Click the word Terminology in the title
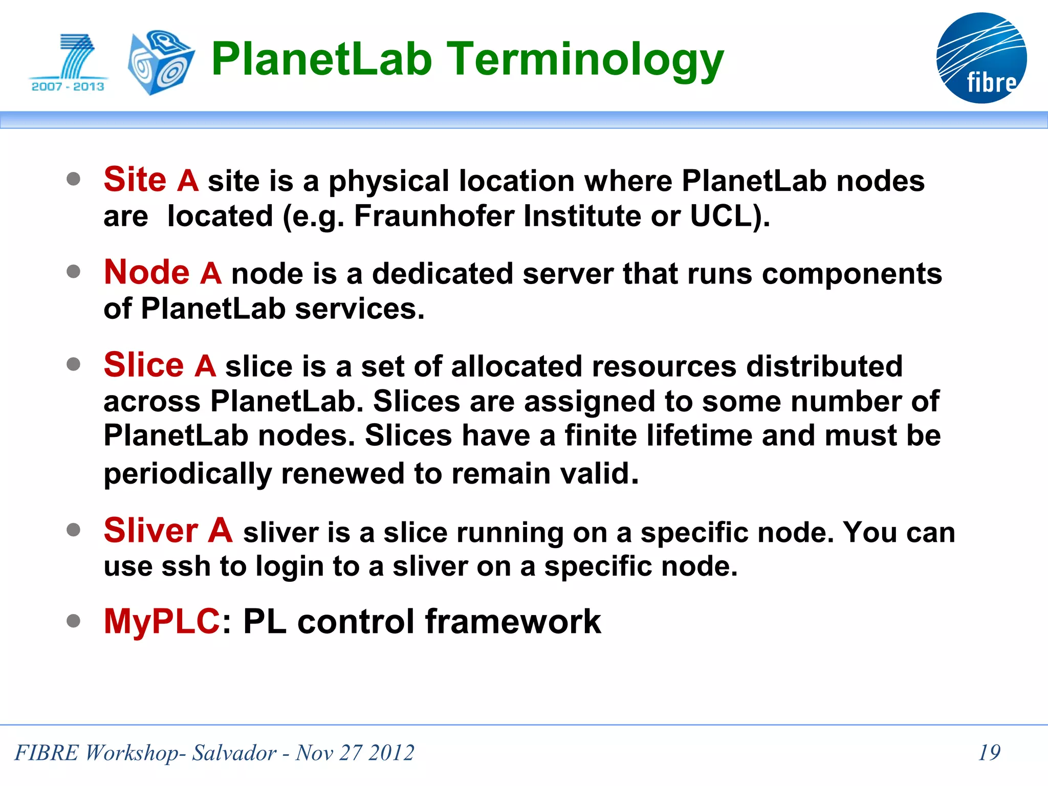pyautogui.click(x=585, y=60)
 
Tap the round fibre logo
pyautogui.click(x=981, y=58)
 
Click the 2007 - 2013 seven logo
pyautogui.click(x=69, y=63)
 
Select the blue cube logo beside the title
pyautogui.click(x=161, y=62)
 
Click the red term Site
pyautogui.click(x=135, y=180)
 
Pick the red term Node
pyautogui.click(x=147, y=272)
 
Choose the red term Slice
pyautogui.click(x=144, y=365)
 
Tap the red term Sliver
pyautogui.click(x=151, y=531)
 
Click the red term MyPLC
pyautogui.click(x=162, y=622)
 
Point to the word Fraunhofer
pyautogui.click(x=434, y=216)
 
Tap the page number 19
pyautogui.click(x=989, y=752)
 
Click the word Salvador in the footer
pyautogui.click(x=234, y=753)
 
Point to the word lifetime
pyautogui.click(x=699, y=436)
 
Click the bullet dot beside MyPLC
pyautogui.click(x=74, y=621)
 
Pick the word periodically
pyautogui.click(x=187, y=474)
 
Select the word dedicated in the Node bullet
pyautogui.click(x=442, y=274)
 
